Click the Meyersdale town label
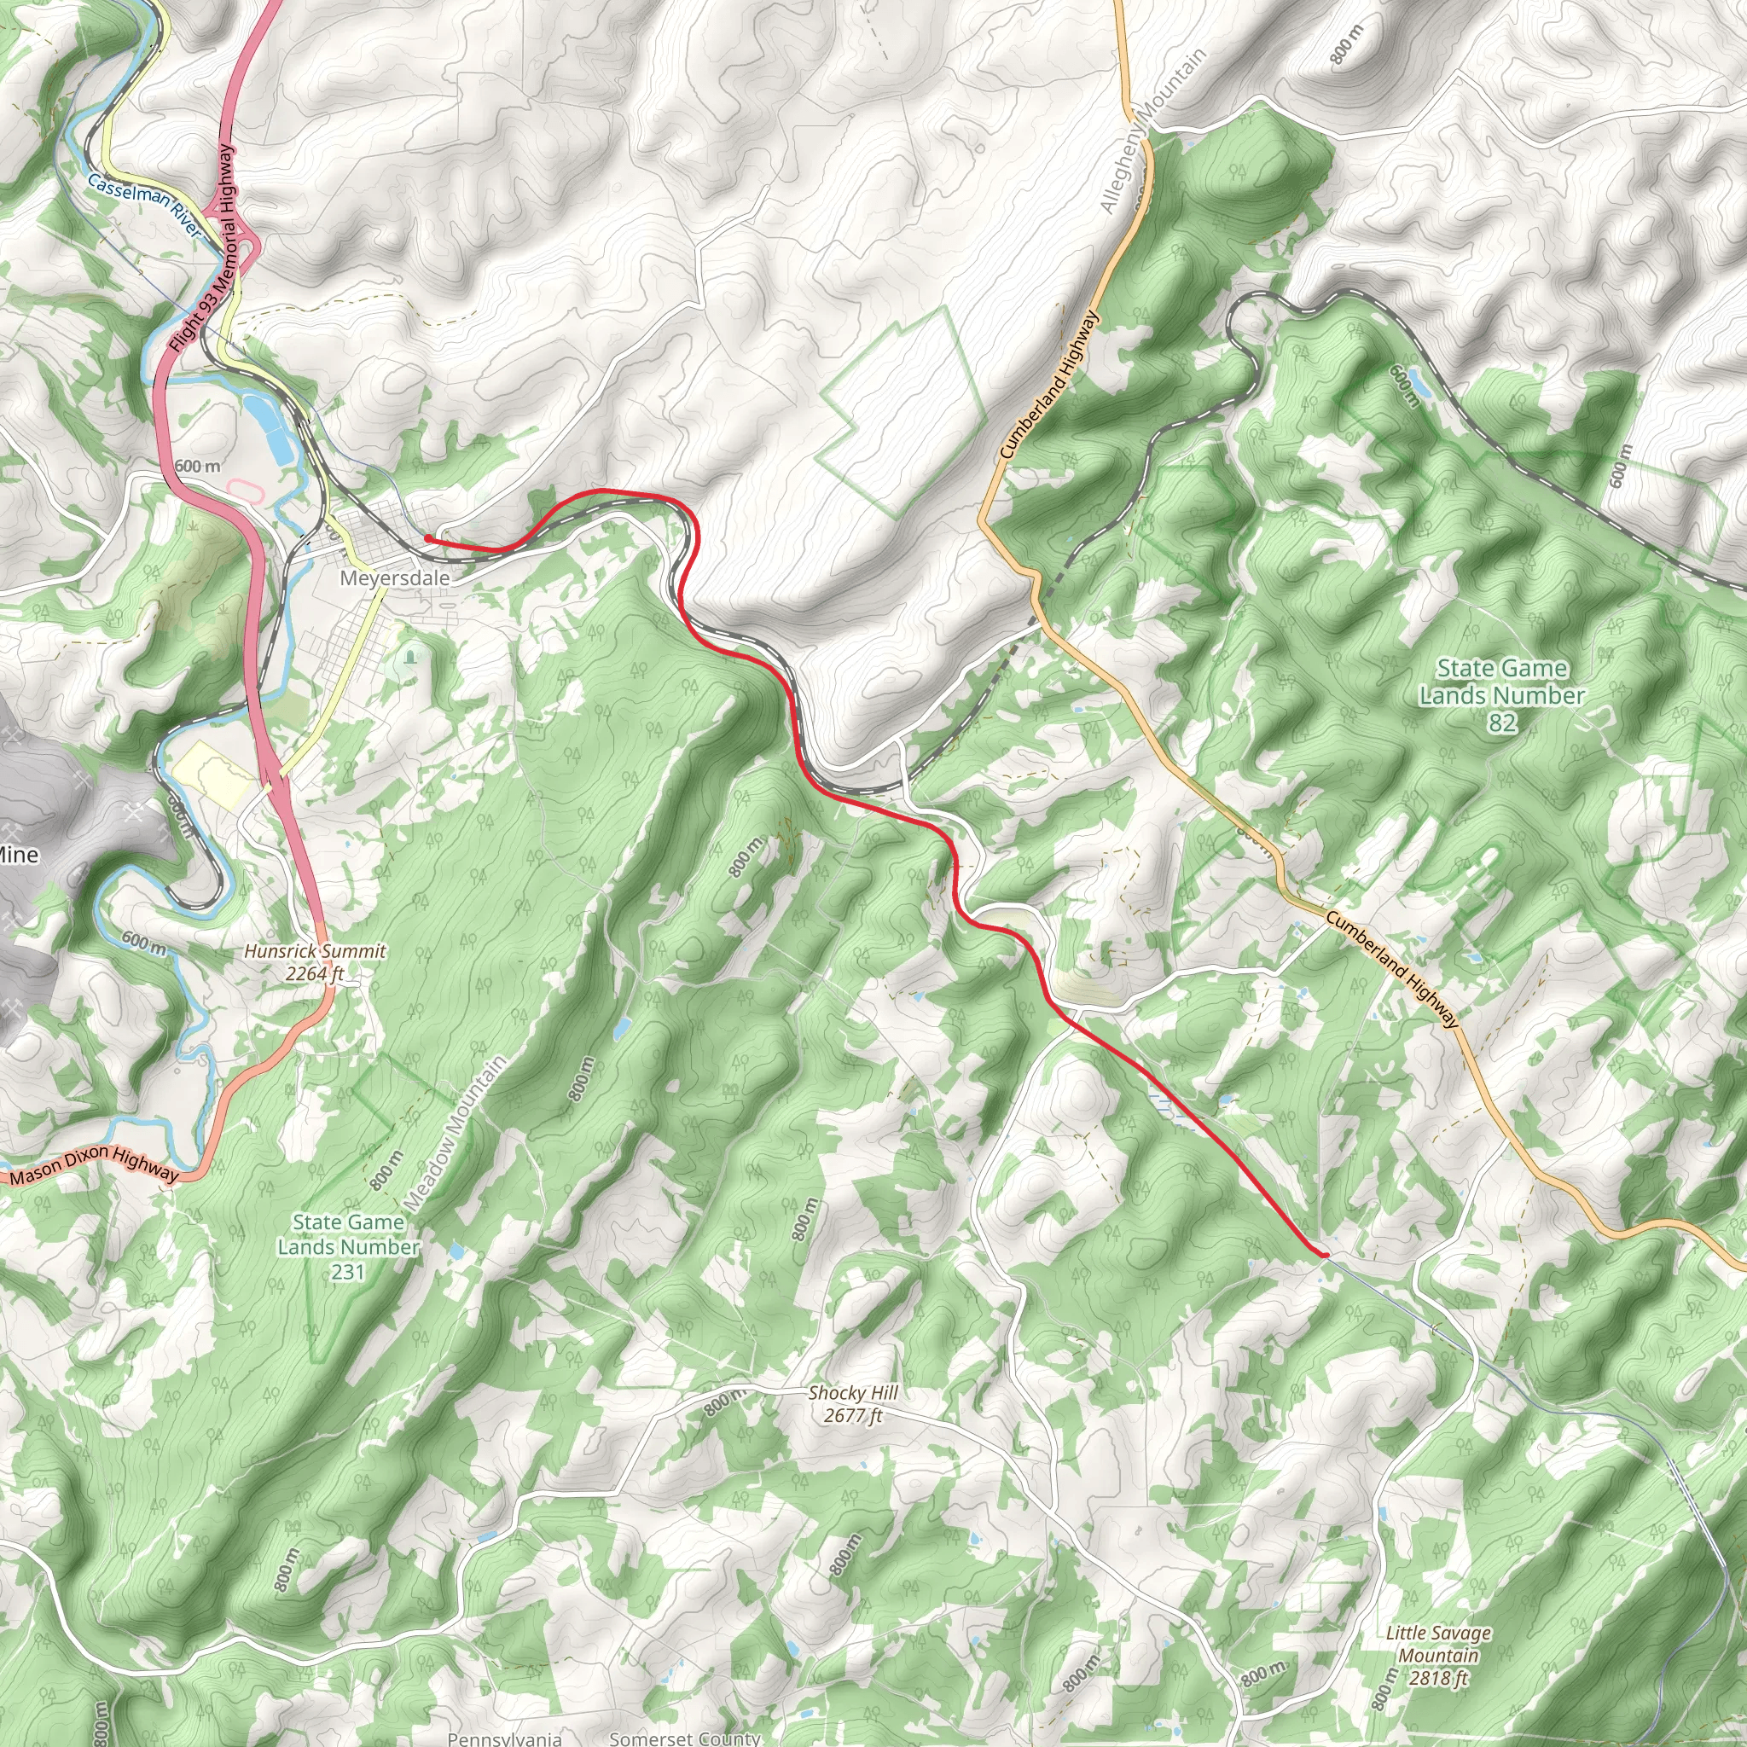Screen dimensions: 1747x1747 coord(394,577)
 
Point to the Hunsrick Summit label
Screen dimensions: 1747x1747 coord(315,951)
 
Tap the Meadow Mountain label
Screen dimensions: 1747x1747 coord(454,1134)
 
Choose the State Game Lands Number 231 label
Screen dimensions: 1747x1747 coord(348,1247)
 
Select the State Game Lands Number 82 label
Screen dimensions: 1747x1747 coord(1501,694)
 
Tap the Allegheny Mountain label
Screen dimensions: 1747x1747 coord(1153,131)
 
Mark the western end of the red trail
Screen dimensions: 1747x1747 coord(427,538)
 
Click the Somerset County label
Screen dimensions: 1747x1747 coord(684,1738)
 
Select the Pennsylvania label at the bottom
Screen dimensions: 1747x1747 coord(505,1738)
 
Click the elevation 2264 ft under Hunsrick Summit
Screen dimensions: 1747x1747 coord(314,974)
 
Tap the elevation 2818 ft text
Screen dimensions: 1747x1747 coord(1437,1678)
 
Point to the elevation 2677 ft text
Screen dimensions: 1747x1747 coord(853,1415)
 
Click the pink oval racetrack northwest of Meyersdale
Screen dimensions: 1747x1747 coord(244,489)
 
